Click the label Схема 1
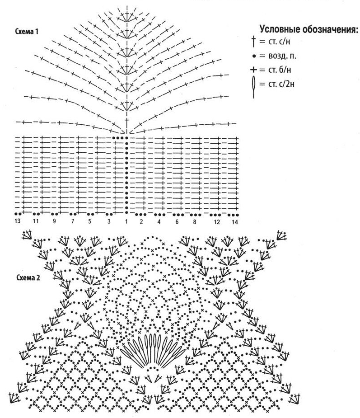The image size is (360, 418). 27,32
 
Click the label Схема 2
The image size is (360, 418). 28,278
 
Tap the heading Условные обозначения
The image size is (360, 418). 309,29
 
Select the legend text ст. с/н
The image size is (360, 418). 278,42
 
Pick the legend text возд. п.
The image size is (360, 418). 282,56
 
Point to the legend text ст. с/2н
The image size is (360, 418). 281,84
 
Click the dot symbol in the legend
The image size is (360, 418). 254,56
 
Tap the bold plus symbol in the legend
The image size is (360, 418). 253,70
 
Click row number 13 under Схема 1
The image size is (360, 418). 18,221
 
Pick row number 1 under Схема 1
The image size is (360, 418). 126,221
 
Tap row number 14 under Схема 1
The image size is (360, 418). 235,222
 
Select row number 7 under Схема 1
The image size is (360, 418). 72,221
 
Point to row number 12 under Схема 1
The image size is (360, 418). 217,222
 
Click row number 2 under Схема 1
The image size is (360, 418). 141,221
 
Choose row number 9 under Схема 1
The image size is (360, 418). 54,221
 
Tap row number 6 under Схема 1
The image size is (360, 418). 177,221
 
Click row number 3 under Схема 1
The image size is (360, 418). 109,221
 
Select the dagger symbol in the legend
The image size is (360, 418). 253,42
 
